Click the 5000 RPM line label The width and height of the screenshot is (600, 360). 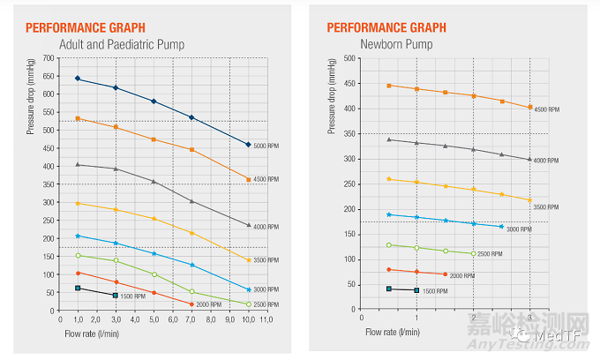pos(266,146)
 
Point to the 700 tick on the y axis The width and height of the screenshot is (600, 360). pos(48,58)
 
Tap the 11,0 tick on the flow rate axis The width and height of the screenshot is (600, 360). pos(267,318)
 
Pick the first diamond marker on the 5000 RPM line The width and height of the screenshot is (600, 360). pos(78,79)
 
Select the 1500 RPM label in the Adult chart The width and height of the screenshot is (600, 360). pos(134,296)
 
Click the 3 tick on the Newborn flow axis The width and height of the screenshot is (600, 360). pos(529,318)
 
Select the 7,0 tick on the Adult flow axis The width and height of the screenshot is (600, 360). pos(191,318)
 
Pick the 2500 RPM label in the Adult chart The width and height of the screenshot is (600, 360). pos(266,304)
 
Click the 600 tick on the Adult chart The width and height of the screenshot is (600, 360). pos(48,94)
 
